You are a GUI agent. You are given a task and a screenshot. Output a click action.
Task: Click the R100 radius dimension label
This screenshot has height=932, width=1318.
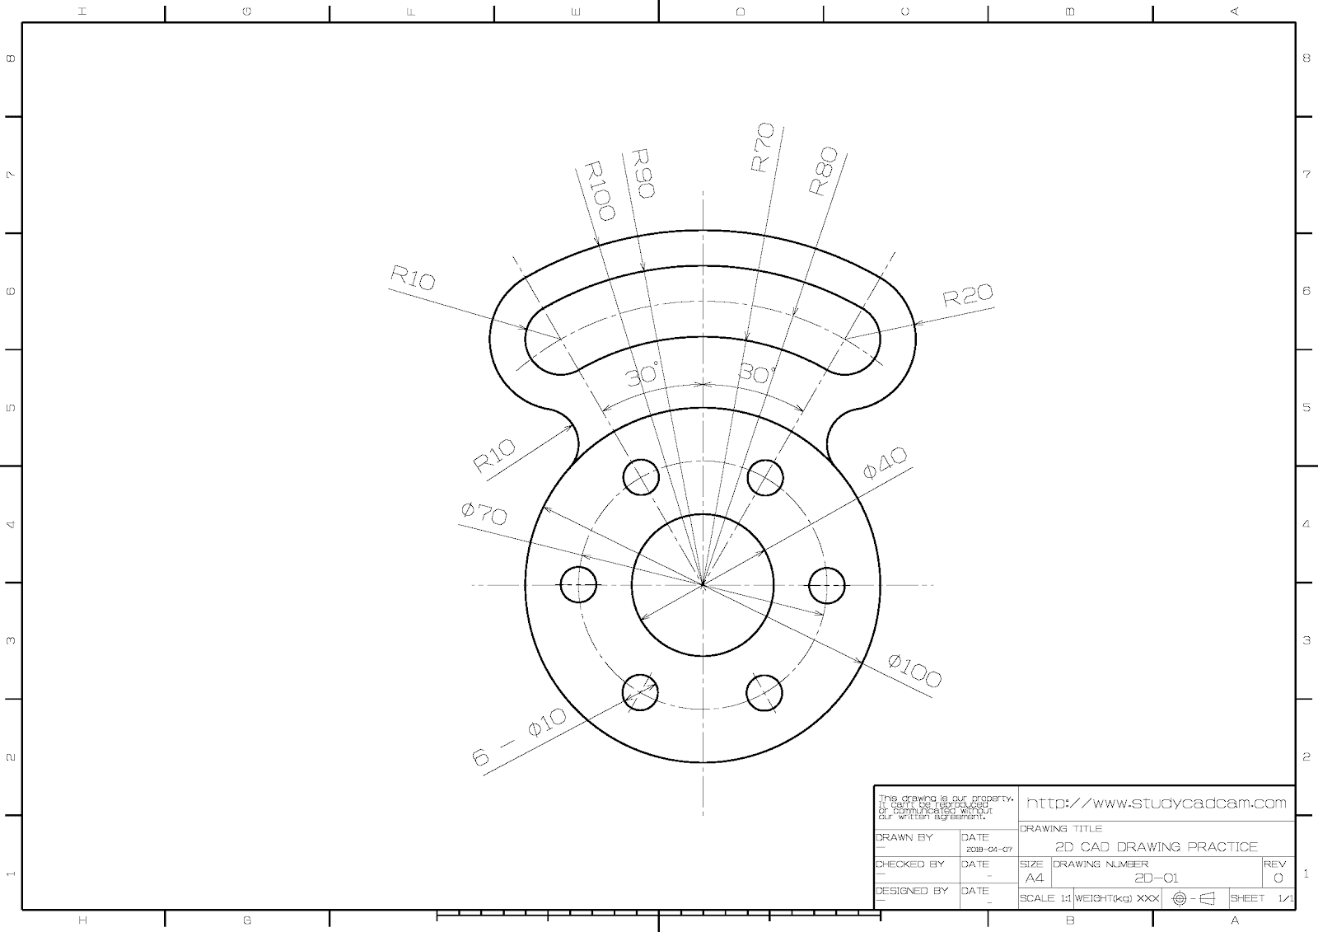click(599, 190)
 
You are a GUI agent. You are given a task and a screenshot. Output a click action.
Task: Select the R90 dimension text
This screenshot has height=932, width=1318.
click(642, 173)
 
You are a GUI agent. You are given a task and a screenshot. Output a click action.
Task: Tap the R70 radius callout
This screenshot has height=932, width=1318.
click(763, 148)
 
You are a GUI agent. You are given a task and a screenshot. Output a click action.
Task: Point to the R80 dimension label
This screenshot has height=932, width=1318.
click(823, 171)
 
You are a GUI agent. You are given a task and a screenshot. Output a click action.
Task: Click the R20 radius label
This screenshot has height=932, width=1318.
click(968, 295)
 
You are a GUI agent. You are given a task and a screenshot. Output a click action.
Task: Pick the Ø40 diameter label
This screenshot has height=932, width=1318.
click(885, 463)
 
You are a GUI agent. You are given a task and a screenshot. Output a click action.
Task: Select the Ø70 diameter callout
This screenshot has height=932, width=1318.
click(484, 514)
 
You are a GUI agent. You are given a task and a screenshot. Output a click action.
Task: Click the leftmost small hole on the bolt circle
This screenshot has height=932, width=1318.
click(578, 585)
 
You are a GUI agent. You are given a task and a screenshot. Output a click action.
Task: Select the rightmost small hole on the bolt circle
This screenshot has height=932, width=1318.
click(827, 585)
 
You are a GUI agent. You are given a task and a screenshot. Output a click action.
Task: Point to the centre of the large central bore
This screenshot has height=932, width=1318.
click(703, 585)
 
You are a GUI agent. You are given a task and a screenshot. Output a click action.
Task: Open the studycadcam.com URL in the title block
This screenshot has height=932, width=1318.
click(1157, 803)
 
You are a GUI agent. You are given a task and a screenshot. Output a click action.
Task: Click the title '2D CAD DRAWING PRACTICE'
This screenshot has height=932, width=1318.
click(1157, 846)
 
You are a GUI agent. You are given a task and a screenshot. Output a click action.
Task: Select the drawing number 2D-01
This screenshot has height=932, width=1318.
click(1157, 878)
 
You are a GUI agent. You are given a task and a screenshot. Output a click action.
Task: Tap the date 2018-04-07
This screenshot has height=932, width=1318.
click(988, 849)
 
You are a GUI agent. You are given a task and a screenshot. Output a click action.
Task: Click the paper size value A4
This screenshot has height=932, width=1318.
click(1034, 878)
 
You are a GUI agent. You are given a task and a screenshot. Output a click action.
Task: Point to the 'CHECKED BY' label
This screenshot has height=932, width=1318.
click(910, 864)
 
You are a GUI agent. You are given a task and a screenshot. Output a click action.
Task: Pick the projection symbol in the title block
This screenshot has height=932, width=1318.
click(1194, 898)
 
